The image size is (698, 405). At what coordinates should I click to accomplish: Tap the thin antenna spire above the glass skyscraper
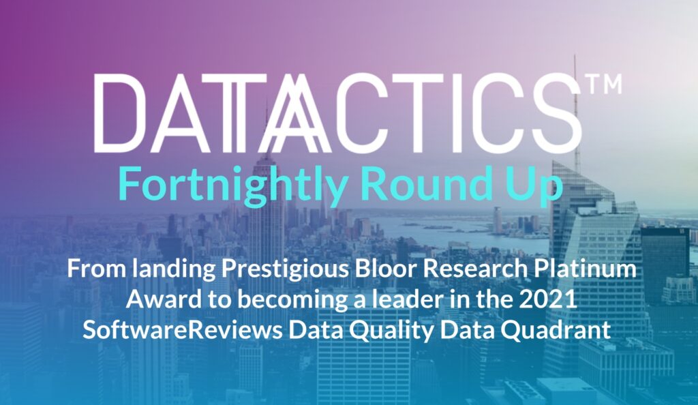[x=575, y=107]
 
